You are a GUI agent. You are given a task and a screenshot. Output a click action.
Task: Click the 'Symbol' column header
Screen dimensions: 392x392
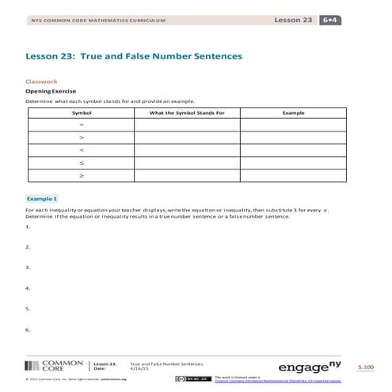point(82,113)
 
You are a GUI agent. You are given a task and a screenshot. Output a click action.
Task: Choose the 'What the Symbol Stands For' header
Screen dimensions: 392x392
point(188,113)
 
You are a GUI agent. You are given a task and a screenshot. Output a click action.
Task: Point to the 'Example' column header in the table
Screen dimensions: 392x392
point(294,113)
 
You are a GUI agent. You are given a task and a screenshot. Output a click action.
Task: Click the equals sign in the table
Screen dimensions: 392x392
point(82,125)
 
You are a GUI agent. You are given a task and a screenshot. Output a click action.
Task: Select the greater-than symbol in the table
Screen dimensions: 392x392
point(82,138)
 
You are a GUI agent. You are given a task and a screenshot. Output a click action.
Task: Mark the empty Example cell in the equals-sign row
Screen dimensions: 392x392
point(294,125)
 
